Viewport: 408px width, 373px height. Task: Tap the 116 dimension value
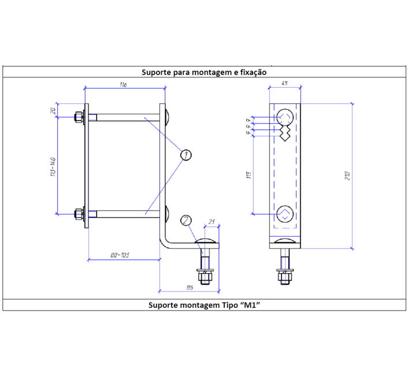coord(123,84)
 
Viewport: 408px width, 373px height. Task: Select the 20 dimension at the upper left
coord(52,110)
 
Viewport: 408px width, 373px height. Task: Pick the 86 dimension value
coord(188,286)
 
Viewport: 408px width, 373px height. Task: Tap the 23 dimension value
coord(212,221)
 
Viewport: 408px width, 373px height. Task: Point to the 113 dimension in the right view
coord(248,175)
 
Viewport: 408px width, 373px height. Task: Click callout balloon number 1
coord(186,154)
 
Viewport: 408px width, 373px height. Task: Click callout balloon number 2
coord(186,220)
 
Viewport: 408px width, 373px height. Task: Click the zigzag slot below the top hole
coord(284,135)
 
